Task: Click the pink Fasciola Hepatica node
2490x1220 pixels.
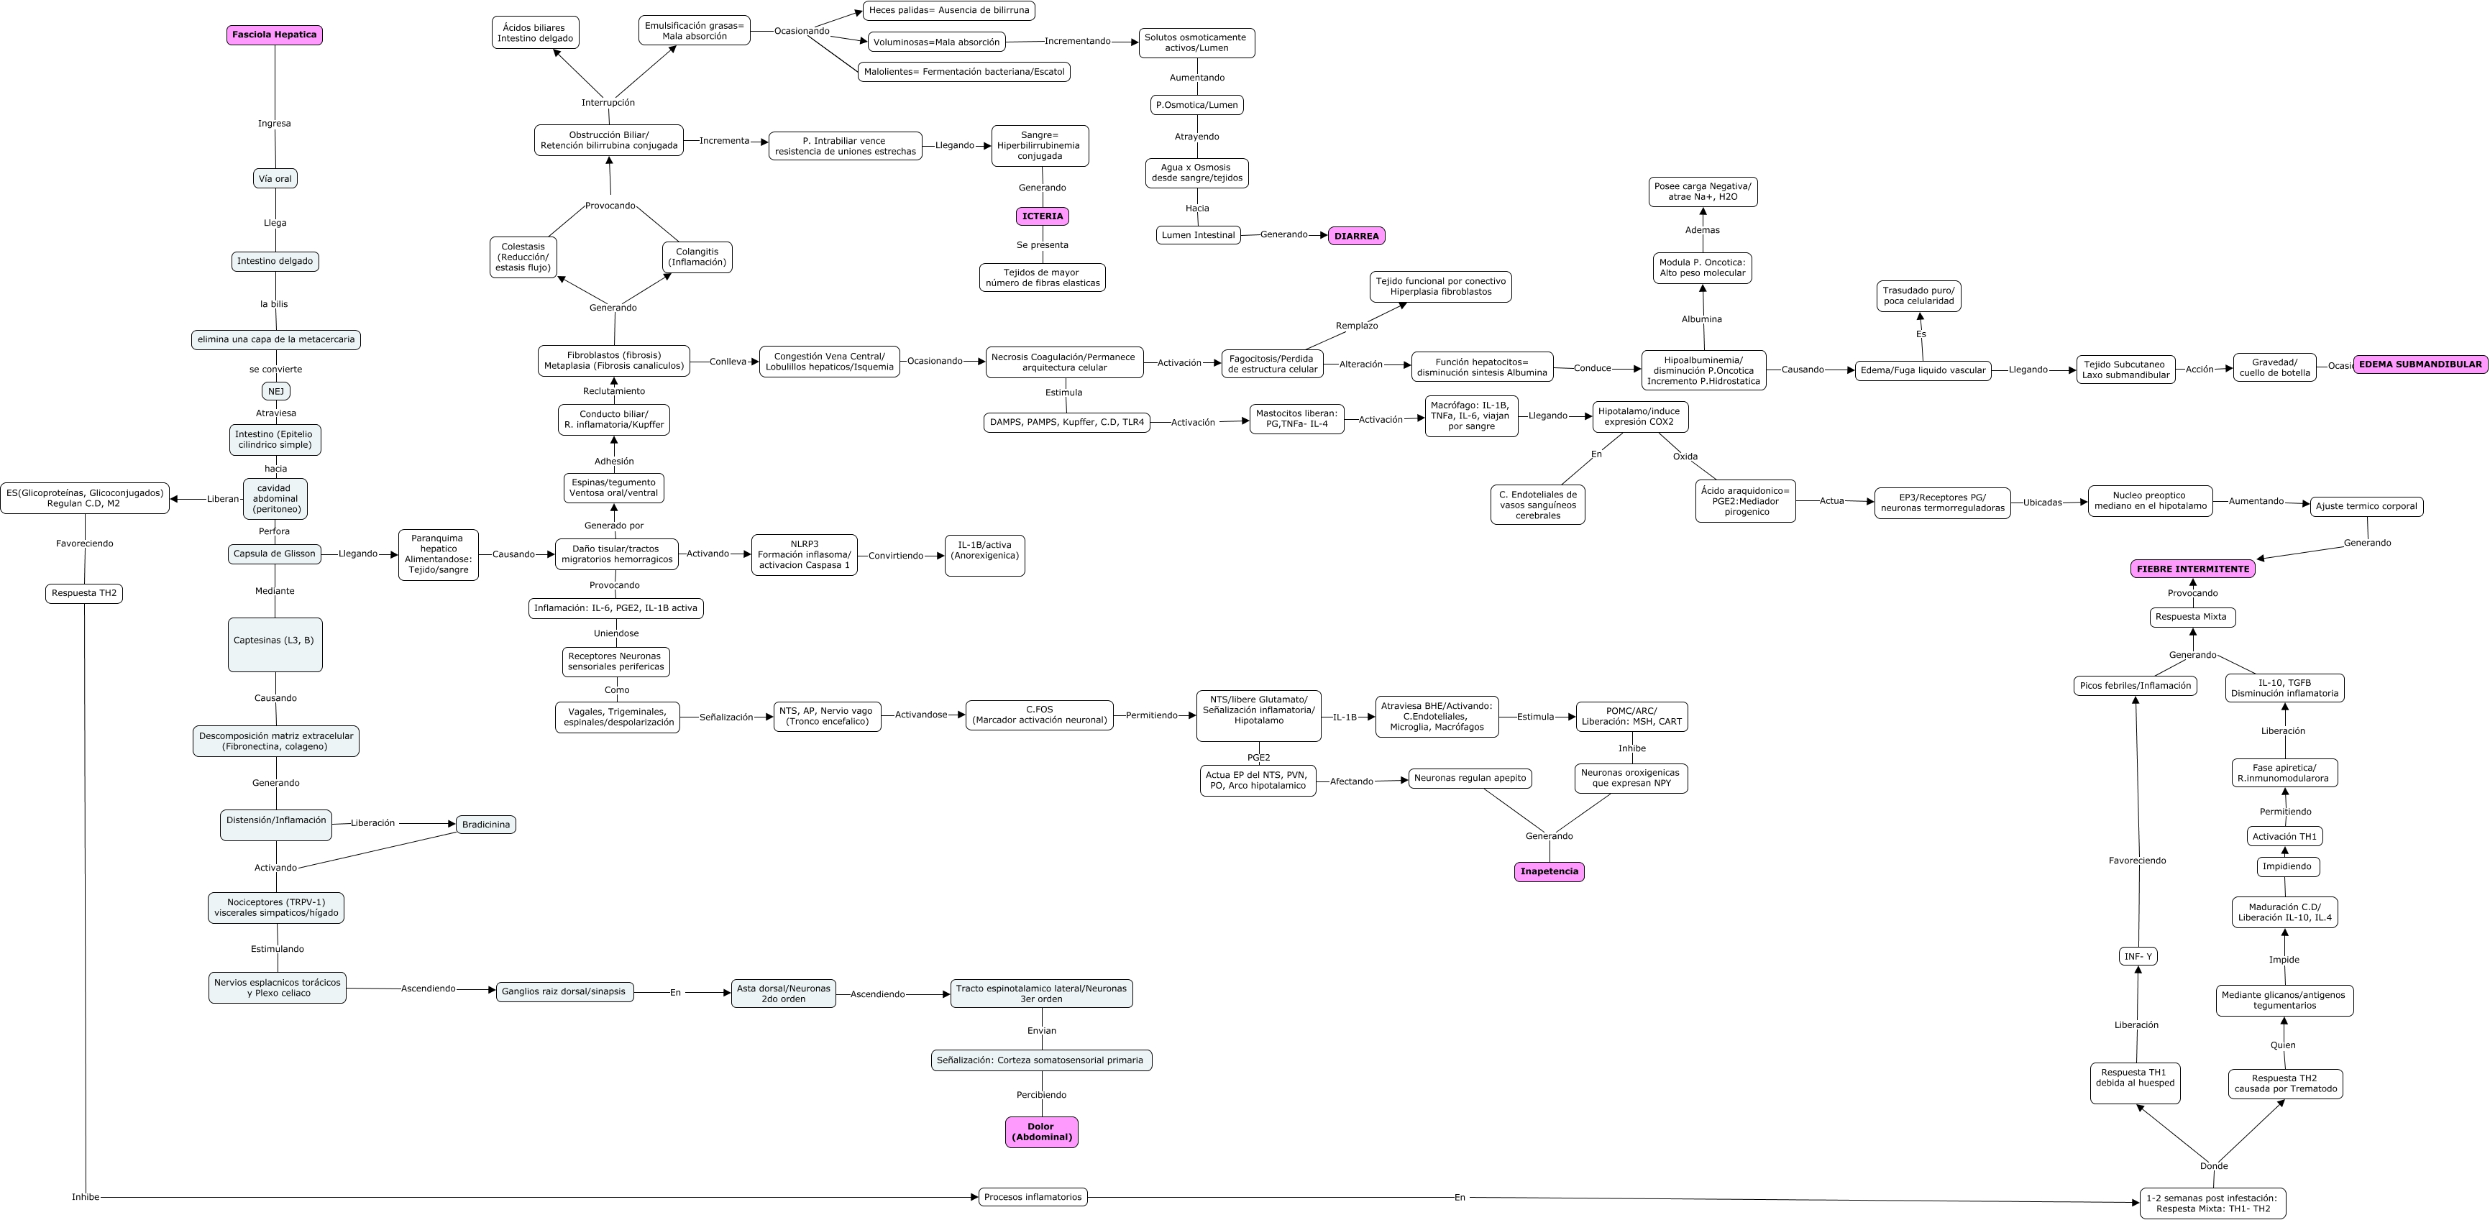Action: coord(275,35)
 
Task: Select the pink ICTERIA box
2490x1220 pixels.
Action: coord(1042,216)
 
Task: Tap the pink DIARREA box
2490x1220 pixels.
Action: coord(1356,236)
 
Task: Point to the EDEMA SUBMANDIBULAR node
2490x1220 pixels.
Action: coord(2420,364)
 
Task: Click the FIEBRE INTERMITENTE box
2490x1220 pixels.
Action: coord(2192,569)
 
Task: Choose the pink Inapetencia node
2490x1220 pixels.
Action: coord(1549,871)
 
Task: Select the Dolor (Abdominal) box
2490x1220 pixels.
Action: coord(1041,1132)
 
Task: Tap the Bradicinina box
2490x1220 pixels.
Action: coord(485,825)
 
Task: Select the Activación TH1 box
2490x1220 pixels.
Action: coord(2284,836)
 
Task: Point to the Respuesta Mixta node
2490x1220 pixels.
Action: coord(2192,617)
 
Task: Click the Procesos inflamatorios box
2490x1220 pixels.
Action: coord(1033,1197)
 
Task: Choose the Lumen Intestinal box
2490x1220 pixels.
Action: coord(1198,235)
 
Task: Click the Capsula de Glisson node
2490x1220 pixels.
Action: coord(275,554)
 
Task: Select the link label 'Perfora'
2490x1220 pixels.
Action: coord(275,531)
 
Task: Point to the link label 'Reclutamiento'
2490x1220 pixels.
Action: coord(614,390)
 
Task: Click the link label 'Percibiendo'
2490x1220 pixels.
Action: coord(1041,1094)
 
